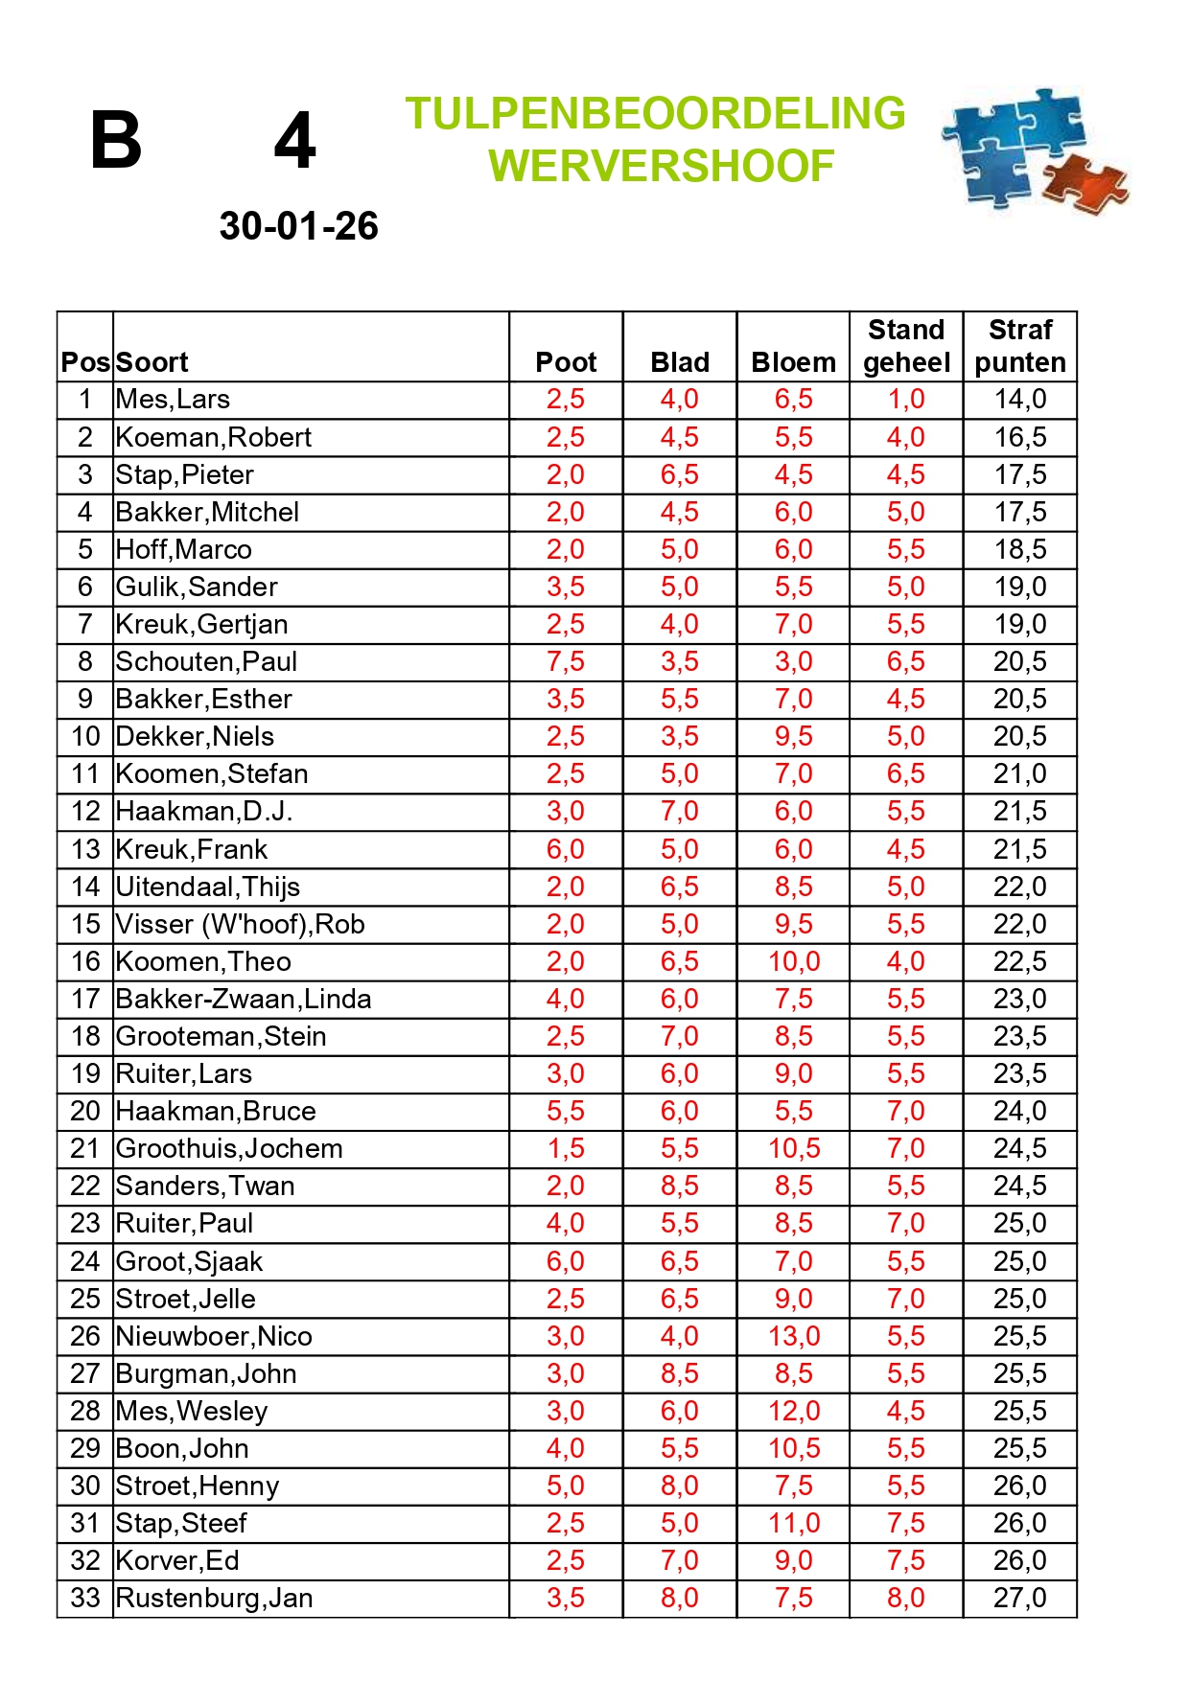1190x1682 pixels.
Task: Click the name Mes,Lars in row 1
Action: (x=173, y=400)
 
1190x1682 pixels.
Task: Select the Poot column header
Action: (x=566, y=362)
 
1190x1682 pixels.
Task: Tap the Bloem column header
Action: (x=793, y=362)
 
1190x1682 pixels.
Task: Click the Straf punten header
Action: (x=1020, y=347)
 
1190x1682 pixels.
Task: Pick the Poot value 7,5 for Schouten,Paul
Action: (x=566, y=662)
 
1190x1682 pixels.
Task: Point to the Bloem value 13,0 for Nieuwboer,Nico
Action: (x=793, y=1337)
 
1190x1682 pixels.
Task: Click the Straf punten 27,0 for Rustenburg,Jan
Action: (x=1020, y=1599)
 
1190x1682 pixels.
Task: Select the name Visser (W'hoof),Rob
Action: (x=240, y=925)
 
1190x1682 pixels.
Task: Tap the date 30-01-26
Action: (x=298, y=226)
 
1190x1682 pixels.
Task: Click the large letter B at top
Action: (x=116, y=141)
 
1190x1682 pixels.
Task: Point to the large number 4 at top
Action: (x=294, y=141)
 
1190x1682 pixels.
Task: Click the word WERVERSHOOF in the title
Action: (x=661, y=166)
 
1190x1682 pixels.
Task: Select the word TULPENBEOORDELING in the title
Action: (x=655, y=113)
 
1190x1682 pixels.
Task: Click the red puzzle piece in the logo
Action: (x=1085, y=185)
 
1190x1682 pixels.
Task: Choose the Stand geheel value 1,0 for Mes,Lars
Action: (x=906, y=400)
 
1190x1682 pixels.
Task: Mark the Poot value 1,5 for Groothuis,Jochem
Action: (x=566, y=1149)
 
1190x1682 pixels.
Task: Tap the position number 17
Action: (x=85, y=1000)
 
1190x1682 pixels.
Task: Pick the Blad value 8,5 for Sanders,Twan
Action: (x=680, y=1187)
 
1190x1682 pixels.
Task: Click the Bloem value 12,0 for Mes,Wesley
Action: (x=793, y=1412)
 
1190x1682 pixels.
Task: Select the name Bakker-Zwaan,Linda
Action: (x=244, y=1000)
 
